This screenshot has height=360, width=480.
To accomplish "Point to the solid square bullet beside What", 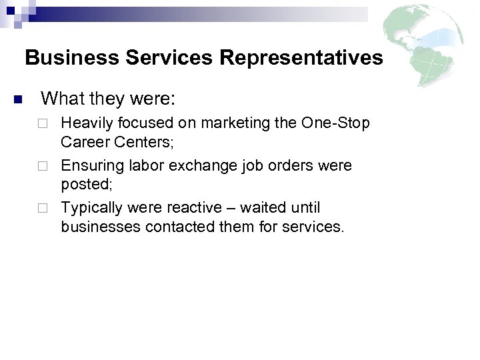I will (x=18, y=101).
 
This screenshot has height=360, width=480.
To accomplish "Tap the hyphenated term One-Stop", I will (x=335, y=124).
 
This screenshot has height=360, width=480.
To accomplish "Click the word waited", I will (x=257, y=208).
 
